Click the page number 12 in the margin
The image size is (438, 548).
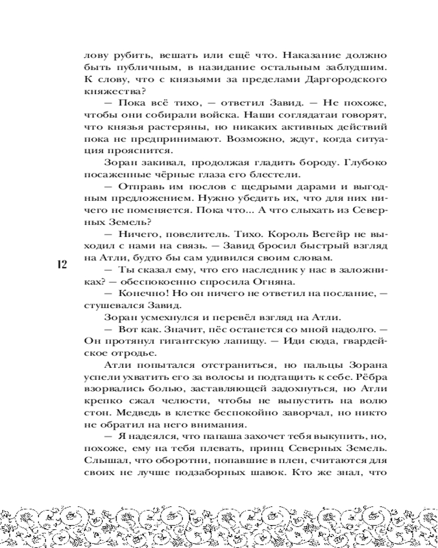[61, 265]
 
